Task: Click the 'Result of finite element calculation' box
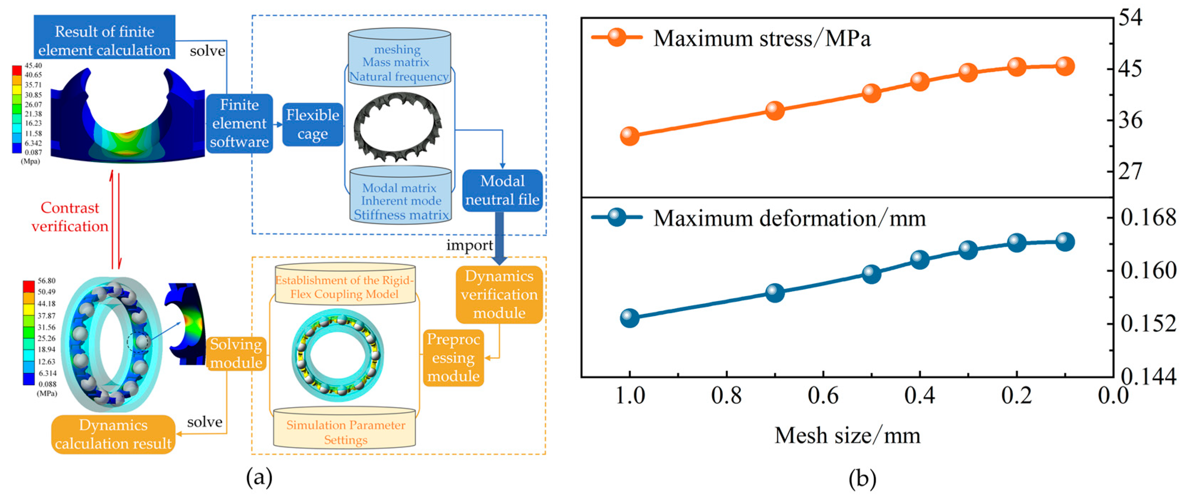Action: click(104, 37)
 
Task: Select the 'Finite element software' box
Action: click(239, 123)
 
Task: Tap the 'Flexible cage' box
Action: click(313, 124)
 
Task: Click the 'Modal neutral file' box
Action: click(502, 190)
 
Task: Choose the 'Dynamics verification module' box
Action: click(499, 294)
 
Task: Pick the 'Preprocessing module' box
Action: click(453, 357)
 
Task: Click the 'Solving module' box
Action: click(236, 353)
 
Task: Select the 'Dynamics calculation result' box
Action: click(113, 434)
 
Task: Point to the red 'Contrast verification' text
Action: click(70, 217)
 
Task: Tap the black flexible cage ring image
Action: click(397, 126)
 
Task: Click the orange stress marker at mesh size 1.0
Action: click(630, 136)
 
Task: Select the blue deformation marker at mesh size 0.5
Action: click(871, 274)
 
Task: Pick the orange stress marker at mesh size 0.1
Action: click(1064, 66)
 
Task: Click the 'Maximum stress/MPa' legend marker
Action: click(617, 37)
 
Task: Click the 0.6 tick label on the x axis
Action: click(823, 396)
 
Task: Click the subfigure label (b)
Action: click(862, 479)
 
